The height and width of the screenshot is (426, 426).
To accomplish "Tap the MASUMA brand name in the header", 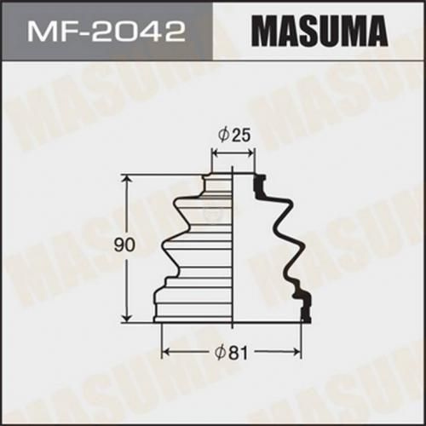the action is (319, 32).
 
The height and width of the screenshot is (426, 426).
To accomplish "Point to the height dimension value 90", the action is (124, 245).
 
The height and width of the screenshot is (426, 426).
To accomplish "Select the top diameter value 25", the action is (242, 135).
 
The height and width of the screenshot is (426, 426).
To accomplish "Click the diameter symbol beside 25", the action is (224, 135).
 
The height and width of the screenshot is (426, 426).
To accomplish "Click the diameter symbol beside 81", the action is (221, 353).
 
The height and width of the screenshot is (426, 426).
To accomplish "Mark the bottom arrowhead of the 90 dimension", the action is (128, 317).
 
